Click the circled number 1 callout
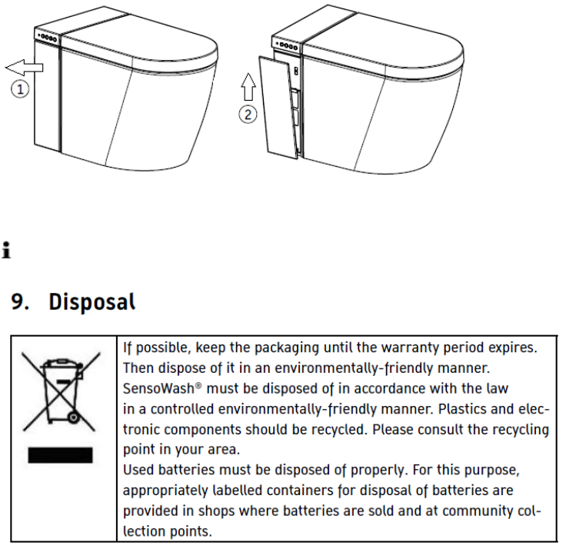20,89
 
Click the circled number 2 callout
247,115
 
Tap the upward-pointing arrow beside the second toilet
247,87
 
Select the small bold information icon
7,250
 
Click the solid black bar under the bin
60,455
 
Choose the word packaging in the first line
285,347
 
